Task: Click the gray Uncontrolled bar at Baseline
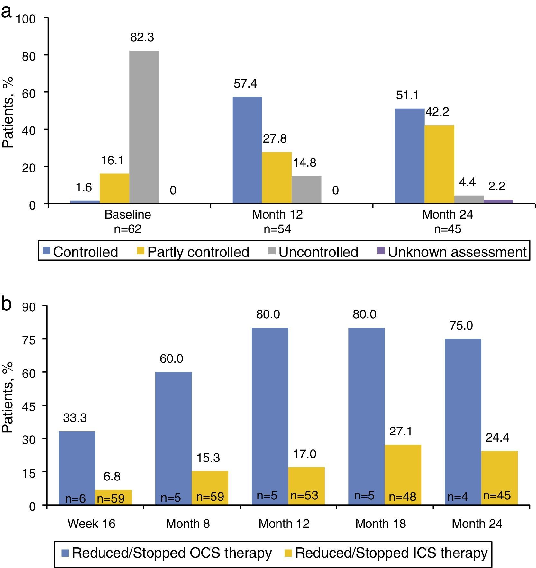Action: [x=144, y=127]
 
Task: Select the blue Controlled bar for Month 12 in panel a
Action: [x=247, y=150]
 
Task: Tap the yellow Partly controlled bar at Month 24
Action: [x=439, y=164]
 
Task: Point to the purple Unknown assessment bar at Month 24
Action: [x=498, y=201]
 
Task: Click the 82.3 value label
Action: [x=142, y=37]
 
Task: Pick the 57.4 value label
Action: [x=245, y=84]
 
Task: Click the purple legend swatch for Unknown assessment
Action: [x=381, y=251]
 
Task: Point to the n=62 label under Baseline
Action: [x=128, y=229]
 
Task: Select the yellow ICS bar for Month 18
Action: [x=403, y=475]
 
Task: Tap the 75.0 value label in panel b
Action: [x=461, y=326]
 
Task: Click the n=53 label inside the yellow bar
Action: [x=304, y=495]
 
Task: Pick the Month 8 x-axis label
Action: [x=188, y=524]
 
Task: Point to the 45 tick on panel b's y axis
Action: [x=29, y=406]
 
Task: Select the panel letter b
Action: [x=6, y=303]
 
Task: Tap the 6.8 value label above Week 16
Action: [x=112, y=476]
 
